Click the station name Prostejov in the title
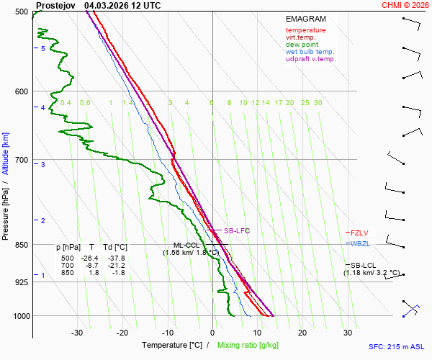coord(55,5)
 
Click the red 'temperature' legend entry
coord(305,30)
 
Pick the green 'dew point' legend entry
coord(301,45)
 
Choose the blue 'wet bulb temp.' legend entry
coord(310,52)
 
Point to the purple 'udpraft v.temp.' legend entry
coord(310,59)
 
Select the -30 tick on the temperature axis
coord(77,333)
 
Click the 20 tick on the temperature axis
coord(302,333)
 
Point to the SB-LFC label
coord(236,231)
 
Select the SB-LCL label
coord(364,265)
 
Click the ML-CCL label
coord(184,246)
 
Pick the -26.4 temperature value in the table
coord(89,258)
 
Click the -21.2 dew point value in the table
coord(114,265)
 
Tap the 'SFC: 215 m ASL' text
coord(396,346)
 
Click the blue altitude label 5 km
coord(43,48)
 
